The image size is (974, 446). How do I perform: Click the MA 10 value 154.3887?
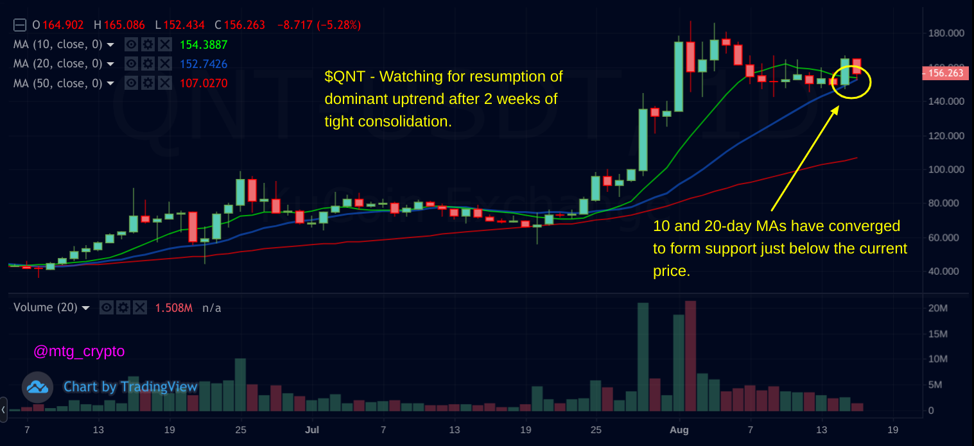[x=204, y=45]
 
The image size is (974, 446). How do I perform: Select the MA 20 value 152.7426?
[x=204, y=64]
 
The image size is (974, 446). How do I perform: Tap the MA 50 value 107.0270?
[x=204, y=83]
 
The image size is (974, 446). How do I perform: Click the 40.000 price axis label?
[x=948, y=271]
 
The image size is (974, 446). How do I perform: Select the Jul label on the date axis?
[x=312, y=429]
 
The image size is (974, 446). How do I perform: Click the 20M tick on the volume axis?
[x=939, y=309]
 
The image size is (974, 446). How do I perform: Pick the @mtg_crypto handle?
[x=79, y=352]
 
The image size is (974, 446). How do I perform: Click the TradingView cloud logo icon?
[x=37, y=387]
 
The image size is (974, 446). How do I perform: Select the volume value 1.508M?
[x=173, y=308]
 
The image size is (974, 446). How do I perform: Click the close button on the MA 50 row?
[x=165, y=83]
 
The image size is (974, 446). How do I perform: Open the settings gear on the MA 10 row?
[x=148, y=45]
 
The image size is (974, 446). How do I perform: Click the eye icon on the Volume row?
[x=107, y=308]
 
